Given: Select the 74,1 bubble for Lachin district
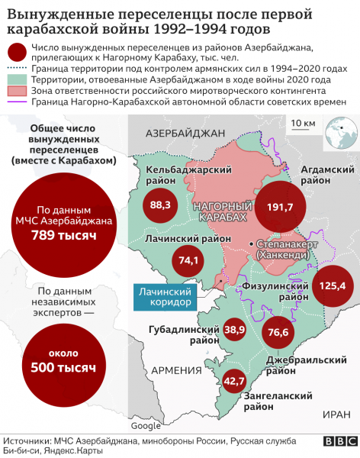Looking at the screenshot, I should (x=188, y=260).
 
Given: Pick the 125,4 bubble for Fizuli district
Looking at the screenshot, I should (x=333, y=285).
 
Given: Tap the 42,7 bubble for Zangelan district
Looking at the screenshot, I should (x=234, y=379).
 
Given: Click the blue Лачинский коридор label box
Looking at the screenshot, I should (x=166, y=296).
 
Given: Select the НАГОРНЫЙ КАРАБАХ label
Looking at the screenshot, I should (x=221, y=212).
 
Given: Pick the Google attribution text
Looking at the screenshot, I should (x=146, y=425).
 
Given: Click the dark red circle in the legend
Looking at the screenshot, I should (x=15, y=53).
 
